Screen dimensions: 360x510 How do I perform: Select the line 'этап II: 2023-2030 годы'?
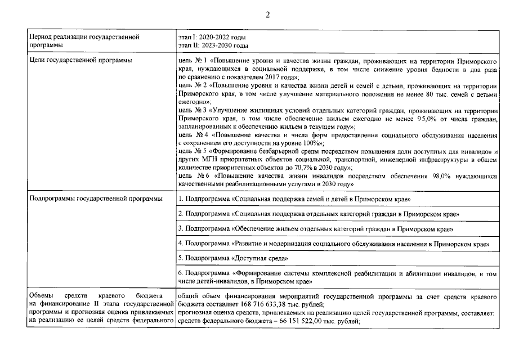(x=213, y=45)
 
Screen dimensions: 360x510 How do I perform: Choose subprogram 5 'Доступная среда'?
(x=233, y=258)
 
